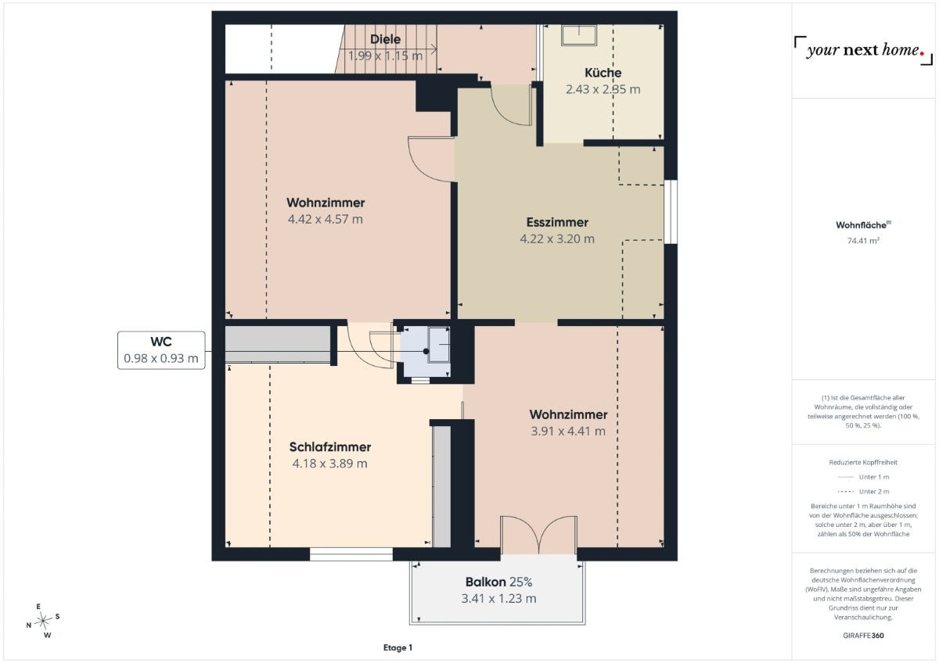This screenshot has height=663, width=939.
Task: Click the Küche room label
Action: pyautogui.click(x=603, y=73)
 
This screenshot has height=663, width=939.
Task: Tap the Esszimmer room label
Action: pyautogui.click(x=557, y=222)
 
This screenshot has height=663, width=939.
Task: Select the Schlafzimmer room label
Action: pyautogui.click(x=330, y=447)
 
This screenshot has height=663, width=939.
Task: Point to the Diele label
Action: pyautogui.click(x=385, y=39)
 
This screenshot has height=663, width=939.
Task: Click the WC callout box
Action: pyautogui.click(x=161, y=350)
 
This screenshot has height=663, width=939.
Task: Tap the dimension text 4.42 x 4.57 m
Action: pyautogui.click(x=326, y=219)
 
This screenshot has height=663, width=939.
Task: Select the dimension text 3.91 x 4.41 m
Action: pyautogui.click(x=568, y=431)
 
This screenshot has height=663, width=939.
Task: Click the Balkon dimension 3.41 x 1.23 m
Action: pyautogui.click(x=499, y=599)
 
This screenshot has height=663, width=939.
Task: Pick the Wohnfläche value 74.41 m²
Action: pyautogui.click(x=863, y=240)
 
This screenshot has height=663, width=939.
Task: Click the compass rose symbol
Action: pyautogui.click(x=43, y=621)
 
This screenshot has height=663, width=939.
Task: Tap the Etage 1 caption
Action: pyautogui.click(x=398, y=647)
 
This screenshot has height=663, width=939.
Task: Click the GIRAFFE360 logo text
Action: pyautogui.click(x=863, y=636)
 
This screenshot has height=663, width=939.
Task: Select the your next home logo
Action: pyautogui.click(x=864, y=50)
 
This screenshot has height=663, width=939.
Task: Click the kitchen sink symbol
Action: pyautogui.click(x=579, y=35)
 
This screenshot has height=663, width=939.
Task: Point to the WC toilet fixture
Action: pyautogui.click(x=438, y=345)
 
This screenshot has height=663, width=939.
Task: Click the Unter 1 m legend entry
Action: pyautogui.click(x=863, y=477)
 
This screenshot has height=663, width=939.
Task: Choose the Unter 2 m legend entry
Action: pyautogui.click(x=863, y=491)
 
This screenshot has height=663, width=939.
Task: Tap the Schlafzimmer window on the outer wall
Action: pyautogui.click(x=351, y=554)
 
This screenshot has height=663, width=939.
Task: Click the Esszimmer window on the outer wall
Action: pyautogui.click(x=671, y=212)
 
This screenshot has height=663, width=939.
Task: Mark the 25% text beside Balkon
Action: pyautogui.click(x=521, y=582)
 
